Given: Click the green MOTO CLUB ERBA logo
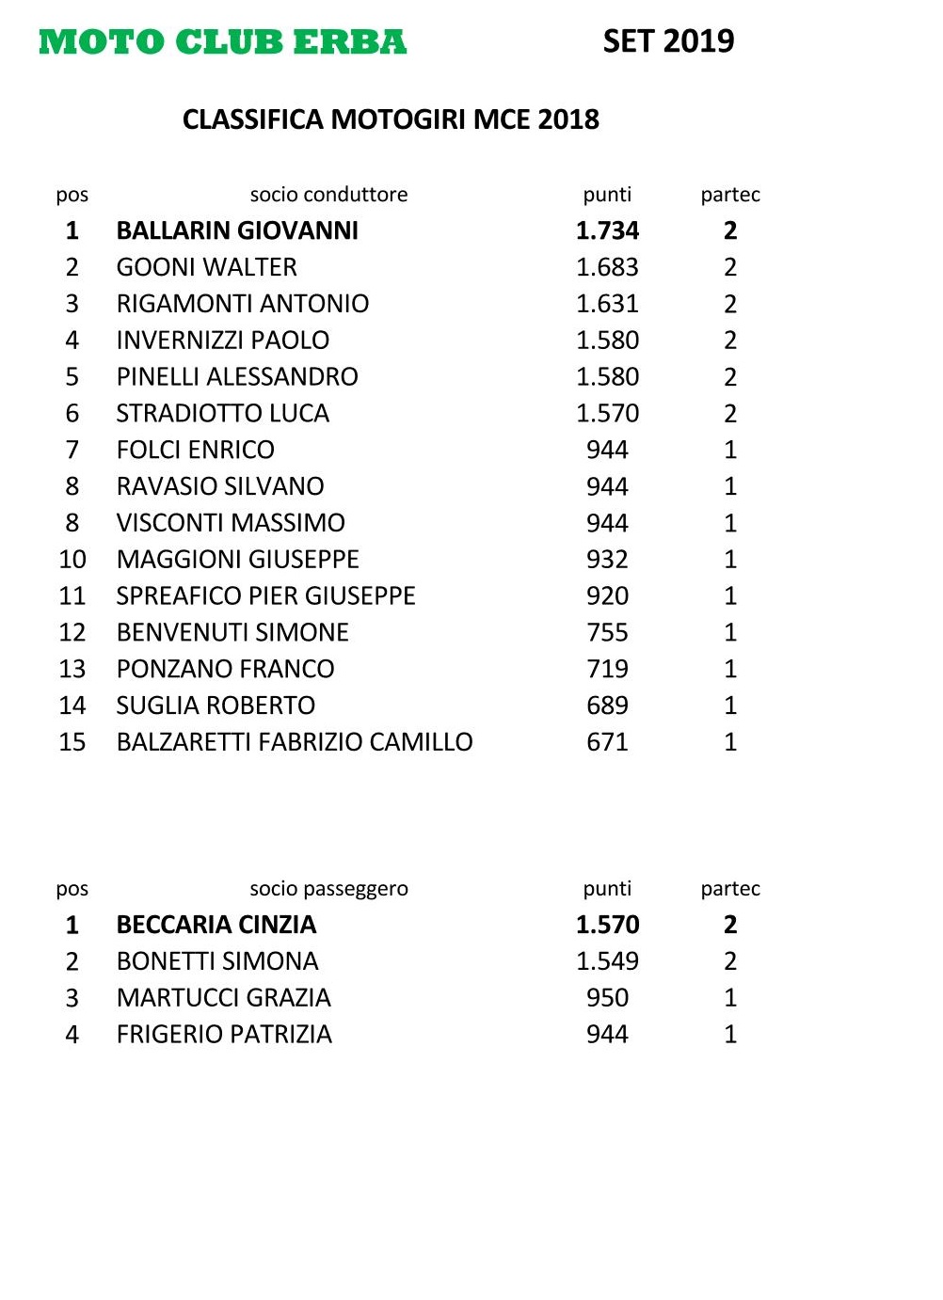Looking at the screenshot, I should [223, 42].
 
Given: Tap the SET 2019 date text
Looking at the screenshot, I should [668, 41].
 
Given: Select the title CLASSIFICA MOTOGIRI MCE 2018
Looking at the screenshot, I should [391, 119].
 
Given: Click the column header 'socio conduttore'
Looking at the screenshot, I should [328, 195].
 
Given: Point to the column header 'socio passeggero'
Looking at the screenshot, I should [328, 889].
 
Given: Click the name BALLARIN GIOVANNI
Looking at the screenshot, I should [237, 230].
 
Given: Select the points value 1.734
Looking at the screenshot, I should [607, 230].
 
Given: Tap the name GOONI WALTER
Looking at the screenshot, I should [206, 267].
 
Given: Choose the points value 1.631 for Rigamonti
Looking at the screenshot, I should [607, 304].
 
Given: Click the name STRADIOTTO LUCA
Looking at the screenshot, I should [222, 413].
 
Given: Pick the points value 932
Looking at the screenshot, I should [607, 560].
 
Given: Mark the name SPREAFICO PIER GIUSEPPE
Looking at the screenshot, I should [265, 596].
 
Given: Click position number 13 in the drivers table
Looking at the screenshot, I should [72, 669].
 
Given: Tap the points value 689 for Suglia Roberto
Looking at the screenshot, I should [607, 705].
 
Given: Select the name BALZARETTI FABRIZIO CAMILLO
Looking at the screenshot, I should [294, 742].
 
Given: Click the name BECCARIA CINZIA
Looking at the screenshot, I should [216, 925].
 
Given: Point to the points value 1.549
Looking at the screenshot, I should [607, 961].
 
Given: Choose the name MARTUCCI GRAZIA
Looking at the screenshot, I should [223, 998].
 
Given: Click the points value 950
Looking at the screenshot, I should [607, 998].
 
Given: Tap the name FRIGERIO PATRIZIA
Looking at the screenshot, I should [224, 1035].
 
